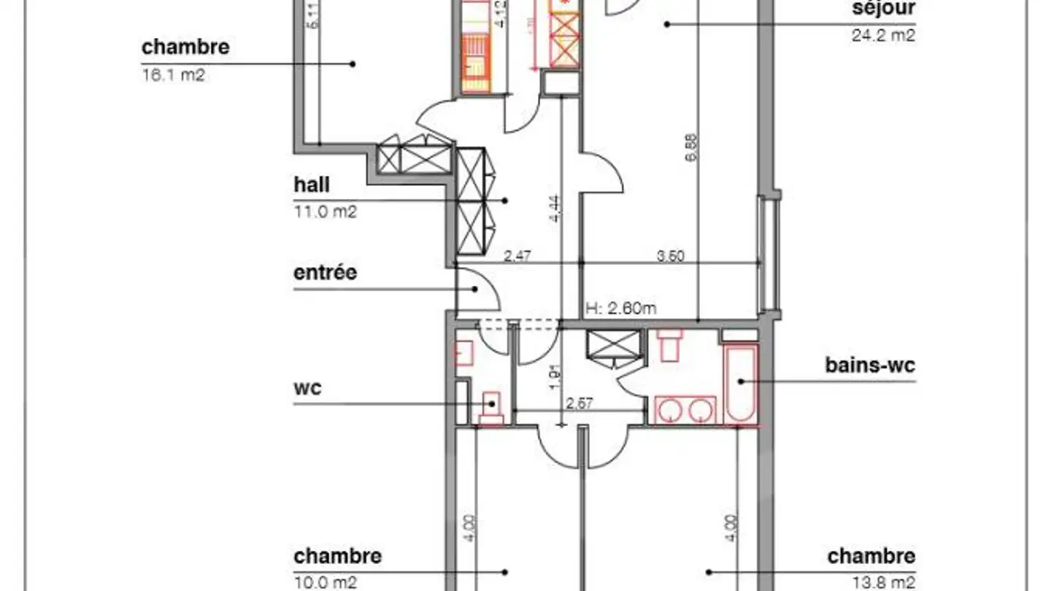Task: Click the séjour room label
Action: click(883, 9)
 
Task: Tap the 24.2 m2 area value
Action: click(882, 34)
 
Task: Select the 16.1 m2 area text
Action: click(173, 74)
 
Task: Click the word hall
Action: click(312, 185)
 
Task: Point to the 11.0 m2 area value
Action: click(325, 212)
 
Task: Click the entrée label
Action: click(326, 273)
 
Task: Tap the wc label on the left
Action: click(307, 387)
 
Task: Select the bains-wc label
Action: click(870, 365)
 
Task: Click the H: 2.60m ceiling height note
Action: click(621, 308)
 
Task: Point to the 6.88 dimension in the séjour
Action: click(691, 150)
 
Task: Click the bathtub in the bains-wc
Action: click(741, 383)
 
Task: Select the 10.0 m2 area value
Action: click(325, 582)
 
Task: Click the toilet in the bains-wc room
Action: click(669, 344)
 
